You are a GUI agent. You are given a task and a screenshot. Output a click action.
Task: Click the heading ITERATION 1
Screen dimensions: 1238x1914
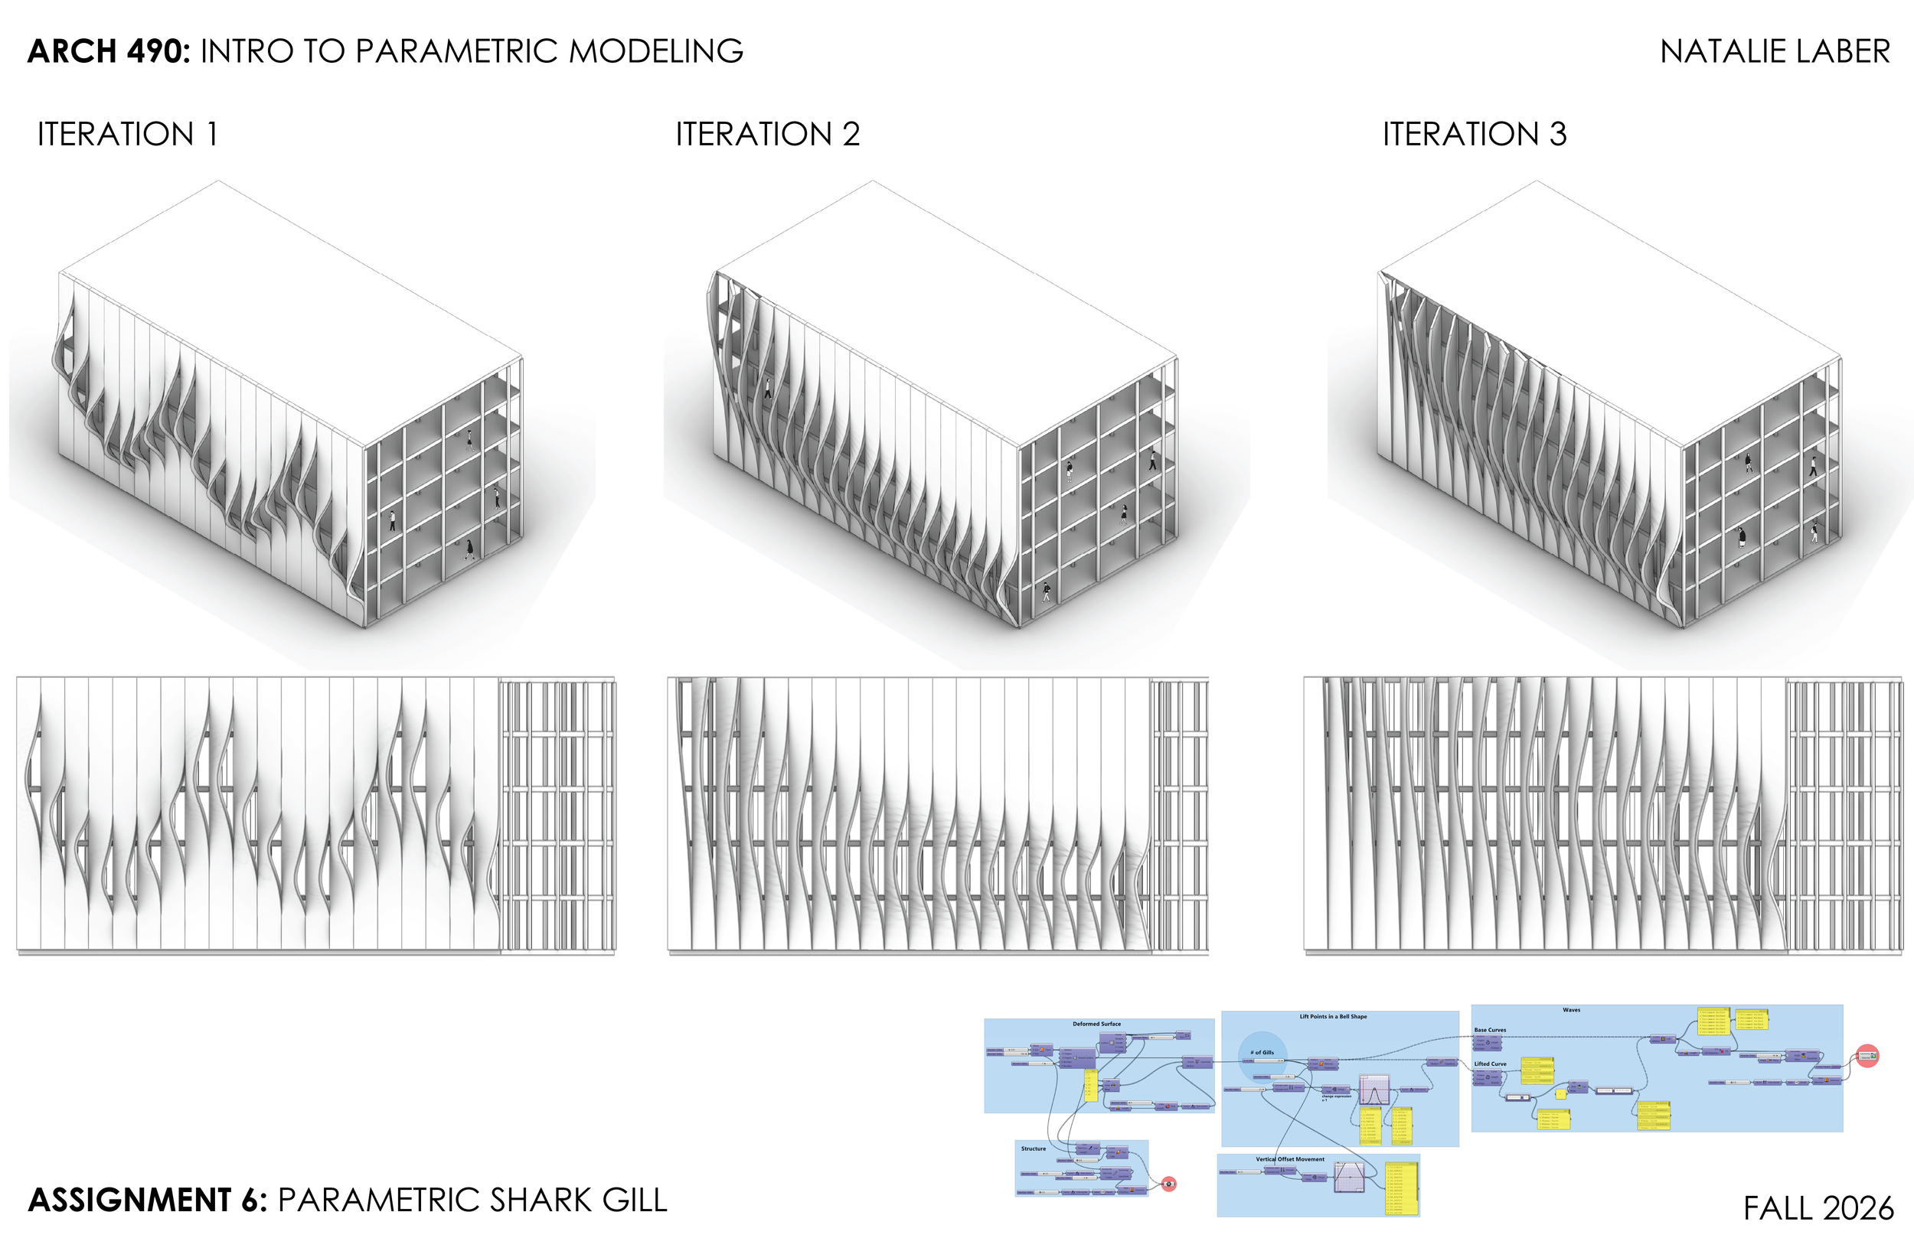[127, 134]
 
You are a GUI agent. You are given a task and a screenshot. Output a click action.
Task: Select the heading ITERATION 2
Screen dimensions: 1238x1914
[767, 134]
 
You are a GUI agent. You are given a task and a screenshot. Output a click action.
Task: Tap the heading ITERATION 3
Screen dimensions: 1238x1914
[1474, 134]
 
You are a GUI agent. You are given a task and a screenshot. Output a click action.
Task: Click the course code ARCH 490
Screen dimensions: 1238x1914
[108, 51]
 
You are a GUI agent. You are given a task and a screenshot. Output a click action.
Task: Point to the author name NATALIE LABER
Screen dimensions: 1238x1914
[1774, 51]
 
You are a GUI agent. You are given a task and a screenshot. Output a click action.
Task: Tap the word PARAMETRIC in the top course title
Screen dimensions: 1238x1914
[456, 51]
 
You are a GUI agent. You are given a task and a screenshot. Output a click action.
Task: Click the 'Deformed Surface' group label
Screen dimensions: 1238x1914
[1096, 1025]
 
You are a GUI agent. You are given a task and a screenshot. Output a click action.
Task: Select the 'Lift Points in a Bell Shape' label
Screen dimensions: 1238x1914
[1333, 1017]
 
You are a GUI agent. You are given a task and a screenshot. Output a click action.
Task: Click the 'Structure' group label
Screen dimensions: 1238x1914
[1034, 1148]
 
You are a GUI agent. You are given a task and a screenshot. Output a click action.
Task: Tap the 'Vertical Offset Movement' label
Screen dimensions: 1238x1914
[1289, 1159]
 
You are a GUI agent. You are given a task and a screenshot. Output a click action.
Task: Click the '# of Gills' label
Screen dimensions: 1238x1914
[1262, 1052]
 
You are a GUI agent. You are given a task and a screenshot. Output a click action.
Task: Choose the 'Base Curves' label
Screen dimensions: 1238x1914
[1489, 1030]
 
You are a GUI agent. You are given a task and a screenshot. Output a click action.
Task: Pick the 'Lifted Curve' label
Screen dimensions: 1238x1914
[1490, 1064]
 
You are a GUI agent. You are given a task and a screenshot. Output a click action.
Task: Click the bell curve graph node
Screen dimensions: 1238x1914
[1373, 1091]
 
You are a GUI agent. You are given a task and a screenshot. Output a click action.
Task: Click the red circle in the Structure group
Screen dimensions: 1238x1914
[1168, 1184]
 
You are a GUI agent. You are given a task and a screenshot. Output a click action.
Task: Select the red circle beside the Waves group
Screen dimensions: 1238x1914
[1867, 1056]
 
